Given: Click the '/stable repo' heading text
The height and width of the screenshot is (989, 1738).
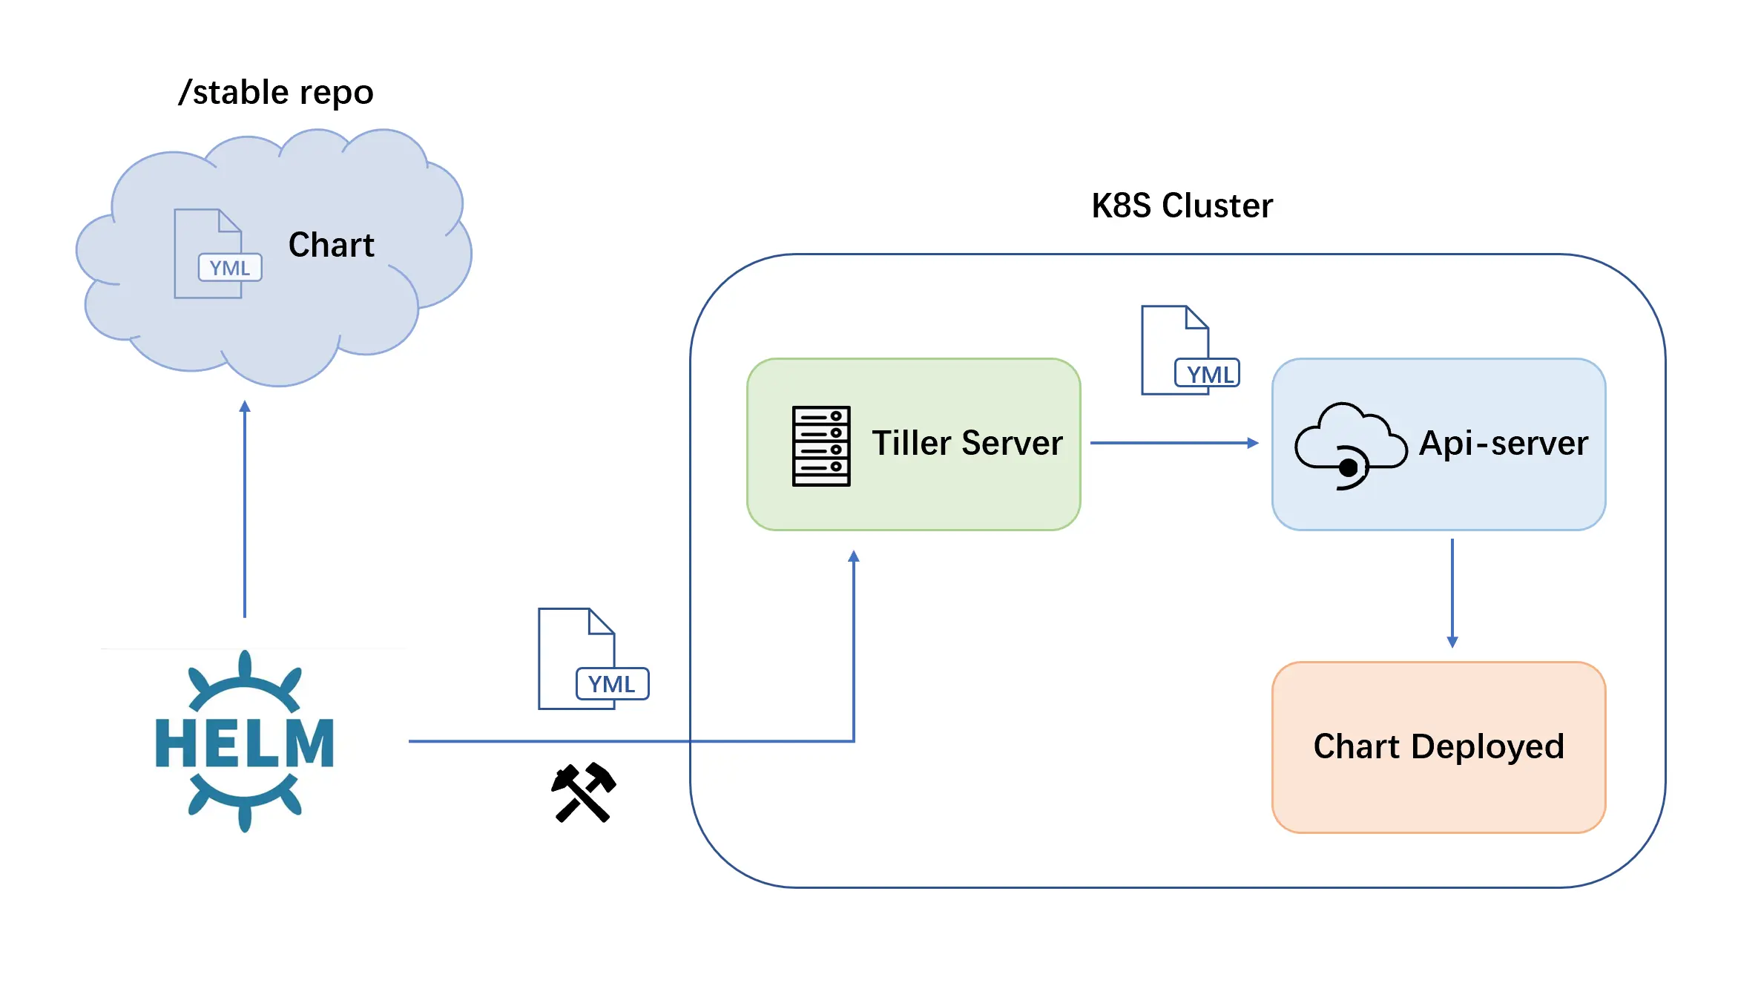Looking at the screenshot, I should point(276,93).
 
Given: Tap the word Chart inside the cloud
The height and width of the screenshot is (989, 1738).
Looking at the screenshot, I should point(331,245).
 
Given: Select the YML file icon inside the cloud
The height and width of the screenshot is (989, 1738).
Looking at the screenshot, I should point(216,254).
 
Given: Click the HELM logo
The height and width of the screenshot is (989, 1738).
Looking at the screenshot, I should point(245,741).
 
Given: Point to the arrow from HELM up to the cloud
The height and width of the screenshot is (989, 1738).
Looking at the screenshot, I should point(245,512).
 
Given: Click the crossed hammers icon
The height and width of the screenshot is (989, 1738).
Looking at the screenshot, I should point(584,792).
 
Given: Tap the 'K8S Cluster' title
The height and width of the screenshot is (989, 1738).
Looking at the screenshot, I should point(1182,206).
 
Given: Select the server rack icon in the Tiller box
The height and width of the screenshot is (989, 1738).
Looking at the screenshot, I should point(821,446).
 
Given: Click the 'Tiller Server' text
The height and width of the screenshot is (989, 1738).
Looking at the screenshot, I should point(967,443).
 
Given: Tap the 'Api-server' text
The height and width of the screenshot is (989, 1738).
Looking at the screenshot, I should point(1503,443).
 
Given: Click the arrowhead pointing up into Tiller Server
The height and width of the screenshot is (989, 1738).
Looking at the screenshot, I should point(854,556).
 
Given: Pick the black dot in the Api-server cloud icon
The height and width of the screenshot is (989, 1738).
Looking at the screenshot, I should point(1349,467).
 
